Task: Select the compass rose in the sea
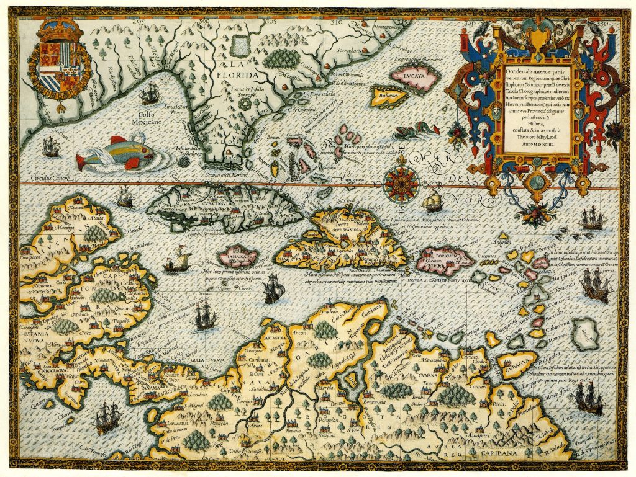tap(397, 181)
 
